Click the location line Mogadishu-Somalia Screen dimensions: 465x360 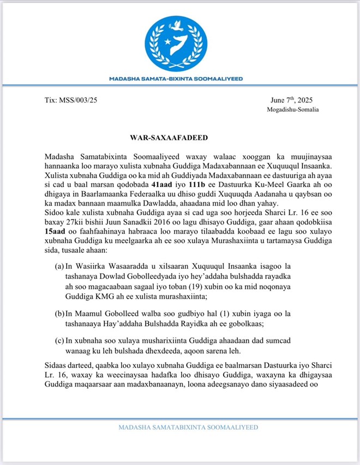tap(293, 110)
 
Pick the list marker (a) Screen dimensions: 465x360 tap(59, 267)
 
